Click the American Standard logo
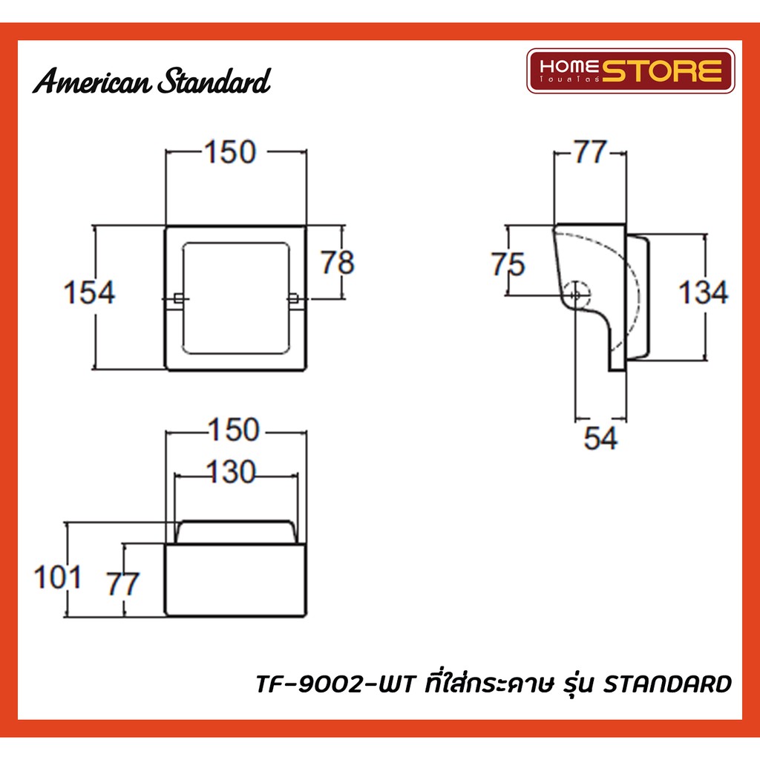(151, 80)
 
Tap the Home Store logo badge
(631, 71)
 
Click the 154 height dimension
(89, 292)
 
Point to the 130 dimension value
(231, 471)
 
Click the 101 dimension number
(57, 577)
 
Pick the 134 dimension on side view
(703, 292)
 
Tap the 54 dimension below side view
(600, 438)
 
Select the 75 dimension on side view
(508, 264)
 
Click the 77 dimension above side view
(590, 151)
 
